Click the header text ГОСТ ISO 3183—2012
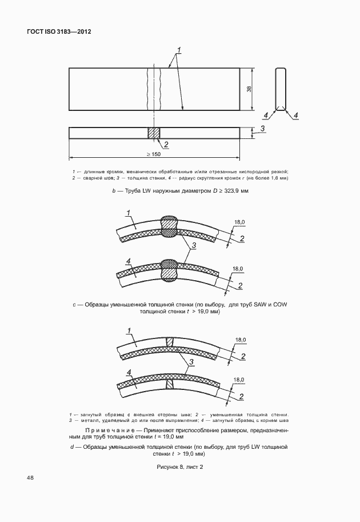coord(59,33)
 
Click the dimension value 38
coord(250,89)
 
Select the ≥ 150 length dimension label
coord(153,154)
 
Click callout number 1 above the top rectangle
coord(179,50)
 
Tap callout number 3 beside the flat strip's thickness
coord(263,129)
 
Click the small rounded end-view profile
coord(280,89)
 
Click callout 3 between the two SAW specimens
coord(194,245)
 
